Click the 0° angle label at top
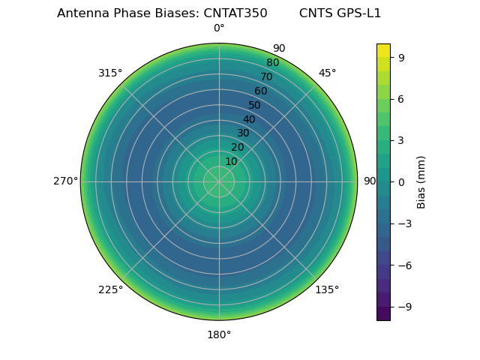coord(219,28)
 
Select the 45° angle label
coord(327,73)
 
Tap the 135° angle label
coord(327,289)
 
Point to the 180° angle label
coord(219,334)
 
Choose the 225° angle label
coord(110,289)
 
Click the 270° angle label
coord(65,181)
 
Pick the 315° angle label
coord(110,73)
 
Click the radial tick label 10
coord(231,161)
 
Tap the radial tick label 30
coord(243,133)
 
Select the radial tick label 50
coord(255,105)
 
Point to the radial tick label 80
coord(272,63)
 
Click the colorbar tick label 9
coord(400,57)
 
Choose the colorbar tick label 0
coord(400,181)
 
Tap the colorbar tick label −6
coord(403,265)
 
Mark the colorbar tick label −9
coord(403,306)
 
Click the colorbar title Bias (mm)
coord(421,181)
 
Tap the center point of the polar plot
coord(219,181)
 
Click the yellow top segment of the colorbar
coord(383,49)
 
